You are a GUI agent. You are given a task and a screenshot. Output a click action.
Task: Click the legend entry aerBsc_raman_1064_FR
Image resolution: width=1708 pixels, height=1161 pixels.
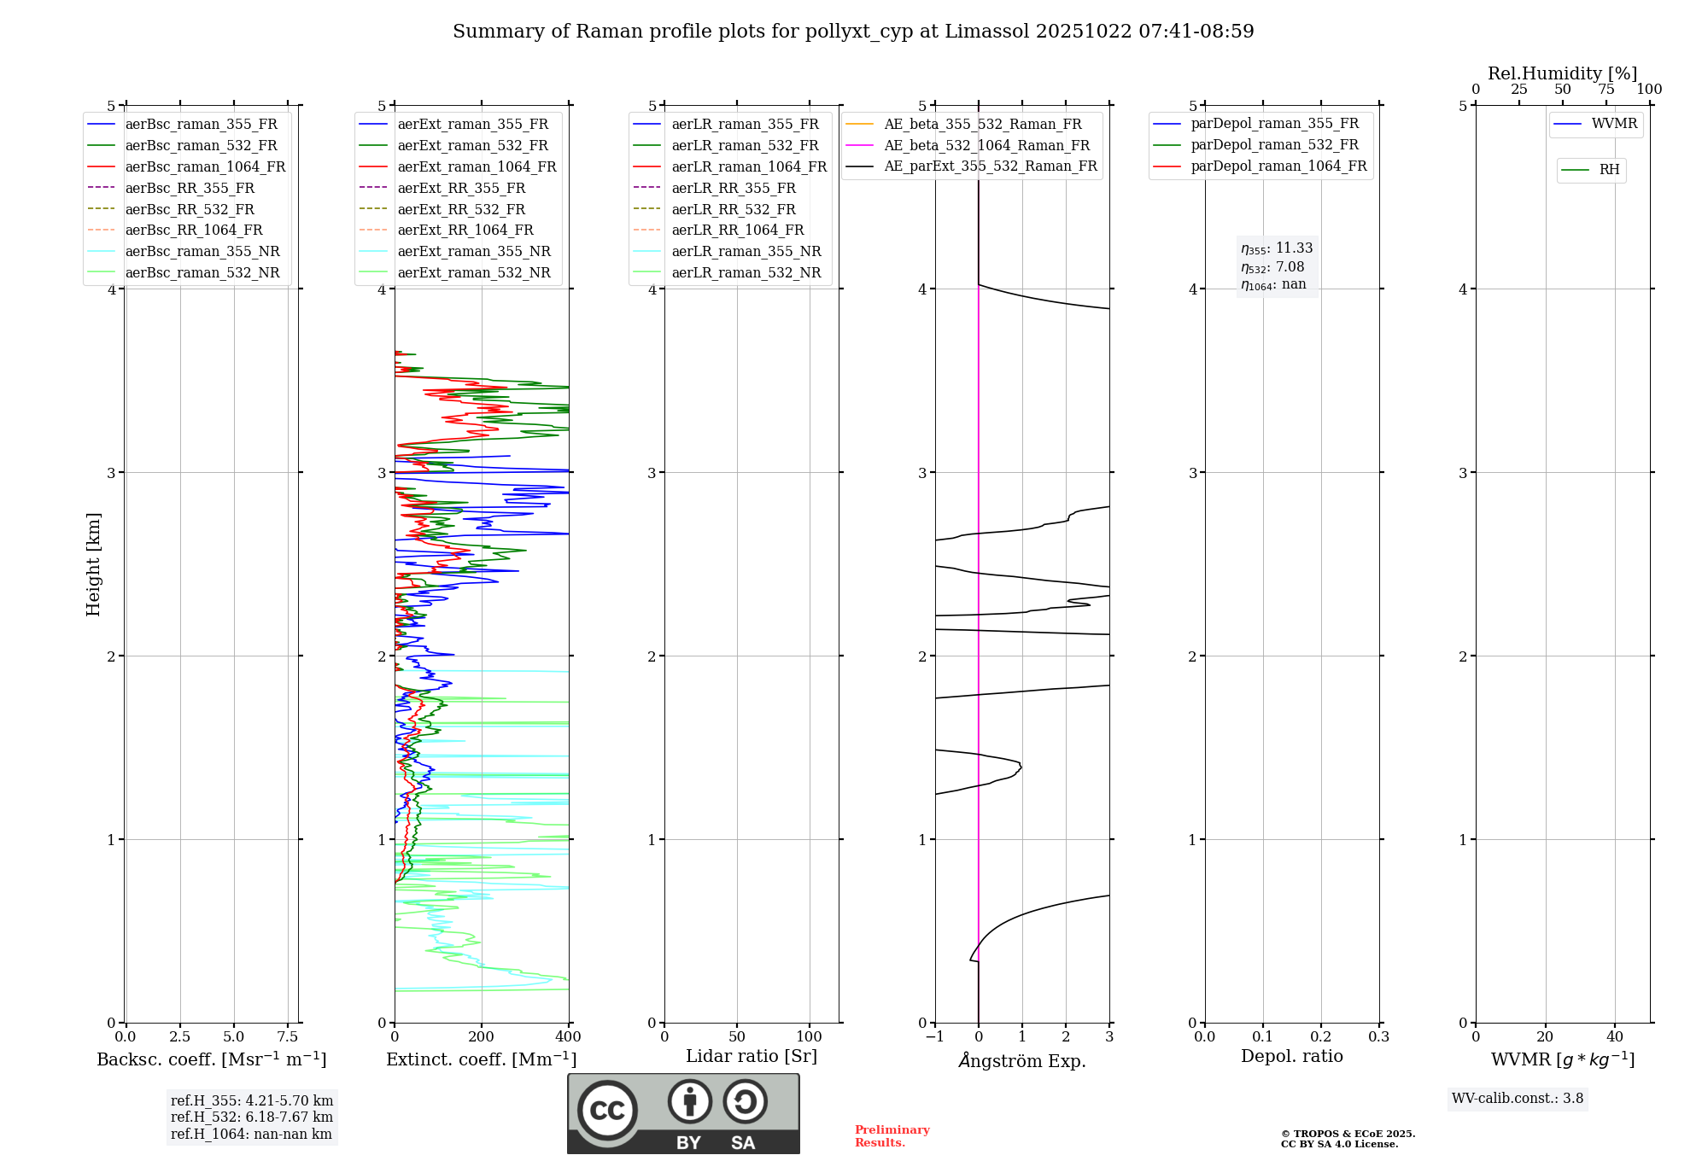tap(205, 166)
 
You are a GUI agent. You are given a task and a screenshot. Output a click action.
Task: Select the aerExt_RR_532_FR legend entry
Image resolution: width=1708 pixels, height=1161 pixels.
tap(461, 209)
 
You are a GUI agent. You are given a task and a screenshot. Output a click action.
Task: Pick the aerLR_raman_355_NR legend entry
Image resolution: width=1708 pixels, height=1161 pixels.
tap(746, 251)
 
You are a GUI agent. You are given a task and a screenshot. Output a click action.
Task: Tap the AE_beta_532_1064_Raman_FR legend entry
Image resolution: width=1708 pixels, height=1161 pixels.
tap(986, 145)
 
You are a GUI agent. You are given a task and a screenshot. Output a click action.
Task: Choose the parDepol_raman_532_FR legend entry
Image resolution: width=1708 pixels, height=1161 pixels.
tap(1274, 145)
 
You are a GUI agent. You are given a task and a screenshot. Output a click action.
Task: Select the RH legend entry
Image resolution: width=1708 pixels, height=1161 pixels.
tap(1609, 170)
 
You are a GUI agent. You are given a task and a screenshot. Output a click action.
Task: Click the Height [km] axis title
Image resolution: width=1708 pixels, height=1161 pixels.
tap(93, 564)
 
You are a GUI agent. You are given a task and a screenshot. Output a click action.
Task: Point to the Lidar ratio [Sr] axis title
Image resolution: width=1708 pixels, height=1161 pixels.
tap(752, 1056)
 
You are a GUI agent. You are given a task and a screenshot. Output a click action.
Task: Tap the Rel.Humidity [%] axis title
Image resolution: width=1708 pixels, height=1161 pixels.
tap(1562, 73)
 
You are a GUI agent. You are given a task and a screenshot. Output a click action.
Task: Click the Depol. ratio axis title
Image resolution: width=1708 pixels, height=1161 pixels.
tap(1291, 1056)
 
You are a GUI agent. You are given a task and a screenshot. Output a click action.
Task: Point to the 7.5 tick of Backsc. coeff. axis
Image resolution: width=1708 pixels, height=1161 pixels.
tap(288, 1037)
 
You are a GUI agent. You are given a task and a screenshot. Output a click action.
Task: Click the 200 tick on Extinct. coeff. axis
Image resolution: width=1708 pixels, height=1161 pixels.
tap(482, 1037)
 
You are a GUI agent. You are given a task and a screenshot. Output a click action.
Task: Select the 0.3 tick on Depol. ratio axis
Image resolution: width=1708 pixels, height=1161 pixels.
tap(1378, 1037)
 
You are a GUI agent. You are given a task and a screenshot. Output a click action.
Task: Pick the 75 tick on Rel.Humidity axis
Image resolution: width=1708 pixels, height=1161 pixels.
tap(1606, 90)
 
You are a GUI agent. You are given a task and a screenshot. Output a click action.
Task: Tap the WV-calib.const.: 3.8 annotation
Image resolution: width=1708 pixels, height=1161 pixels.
tap(1517, 1099)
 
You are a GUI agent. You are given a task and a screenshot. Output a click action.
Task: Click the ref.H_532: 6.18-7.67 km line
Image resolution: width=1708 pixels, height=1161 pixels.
tap(251, 1117)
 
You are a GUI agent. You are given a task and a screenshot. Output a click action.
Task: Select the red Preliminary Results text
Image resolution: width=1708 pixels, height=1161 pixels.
tap(892, 1136)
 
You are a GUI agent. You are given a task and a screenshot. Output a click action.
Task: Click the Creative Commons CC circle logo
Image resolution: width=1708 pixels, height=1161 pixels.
tap(607, 1110)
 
